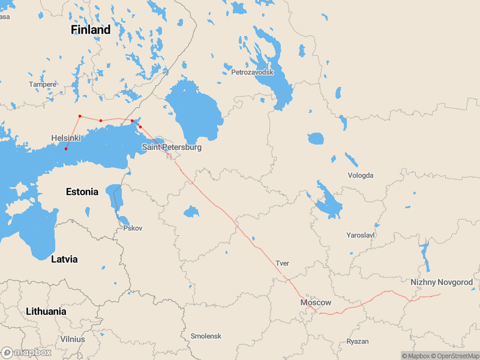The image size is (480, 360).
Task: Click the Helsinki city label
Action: pos(66,138)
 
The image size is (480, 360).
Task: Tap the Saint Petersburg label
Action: pos(172,147)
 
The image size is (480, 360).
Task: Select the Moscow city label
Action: pos(316,302)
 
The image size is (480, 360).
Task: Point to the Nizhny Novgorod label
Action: pos(442,282)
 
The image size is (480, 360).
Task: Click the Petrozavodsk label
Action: pos(252,72)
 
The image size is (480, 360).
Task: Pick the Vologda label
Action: pos(361,175)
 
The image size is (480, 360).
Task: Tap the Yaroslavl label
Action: pos(361,235)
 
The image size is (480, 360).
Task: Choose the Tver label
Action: pos(282,263)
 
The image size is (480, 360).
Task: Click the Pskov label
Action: pos(133,228)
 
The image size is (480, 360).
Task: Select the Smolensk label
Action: pos(206,336)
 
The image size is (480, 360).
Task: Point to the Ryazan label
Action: pos(358,341)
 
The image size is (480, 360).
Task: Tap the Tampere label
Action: pos(43,85)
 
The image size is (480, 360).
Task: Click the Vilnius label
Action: pos(73,339)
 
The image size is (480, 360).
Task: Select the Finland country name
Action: pos(91,29)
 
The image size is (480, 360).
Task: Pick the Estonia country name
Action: pos(82,192)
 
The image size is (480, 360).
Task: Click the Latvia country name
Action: pos(64,259)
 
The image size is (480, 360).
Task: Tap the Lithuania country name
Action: pos(46,311)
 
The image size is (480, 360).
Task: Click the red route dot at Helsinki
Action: pos(66,149)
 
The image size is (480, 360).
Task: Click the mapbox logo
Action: pos(26,352)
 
